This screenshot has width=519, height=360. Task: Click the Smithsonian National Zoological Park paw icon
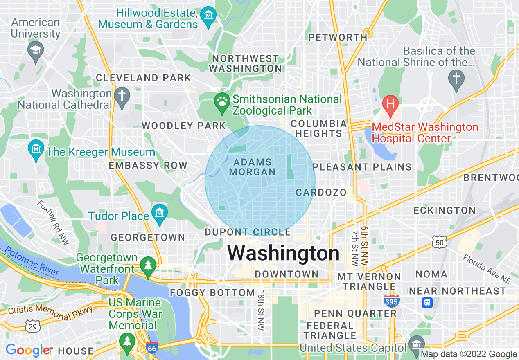click(x=222, y=101)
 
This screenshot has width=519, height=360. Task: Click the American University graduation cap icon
click(x=36, y=52)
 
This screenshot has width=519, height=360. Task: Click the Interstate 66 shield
click(x=152, y=347)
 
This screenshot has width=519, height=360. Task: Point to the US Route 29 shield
click(x=32, y=326)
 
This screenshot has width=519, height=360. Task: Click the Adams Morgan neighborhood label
click(x=252, y=167)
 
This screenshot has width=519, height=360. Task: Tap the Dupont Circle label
click(x=248, y=232)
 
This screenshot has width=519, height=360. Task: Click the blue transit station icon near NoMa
click(x=428, y=302)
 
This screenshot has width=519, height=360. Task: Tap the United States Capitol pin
click(x=416, y=343)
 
